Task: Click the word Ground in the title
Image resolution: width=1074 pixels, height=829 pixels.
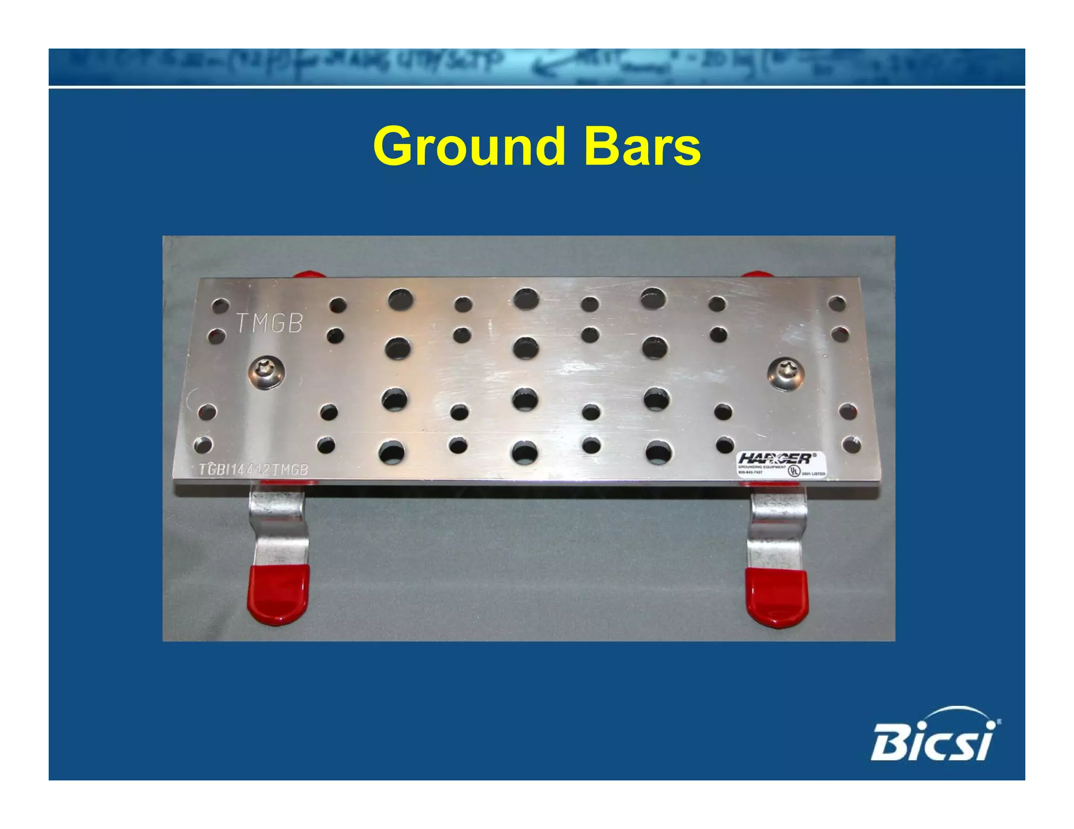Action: [469, 147]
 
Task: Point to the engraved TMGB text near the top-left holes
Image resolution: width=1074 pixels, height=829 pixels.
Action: [270, 323]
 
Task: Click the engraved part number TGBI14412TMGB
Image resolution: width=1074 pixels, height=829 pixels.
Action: [253, 470]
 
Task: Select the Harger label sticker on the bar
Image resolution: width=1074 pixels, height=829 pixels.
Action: [781, 464]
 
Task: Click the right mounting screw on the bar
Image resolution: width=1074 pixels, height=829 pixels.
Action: [785, 373]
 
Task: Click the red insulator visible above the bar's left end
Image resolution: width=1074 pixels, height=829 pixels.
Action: [308, 275]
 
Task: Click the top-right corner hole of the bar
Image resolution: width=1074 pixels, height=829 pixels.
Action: [836, 303]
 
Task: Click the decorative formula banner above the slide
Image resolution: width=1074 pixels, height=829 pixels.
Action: [536, 67]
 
